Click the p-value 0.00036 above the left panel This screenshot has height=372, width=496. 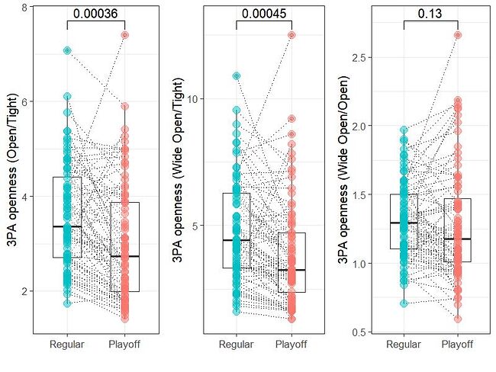[95, 14]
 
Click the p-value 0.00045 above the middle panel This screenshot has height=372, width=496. [263, 14]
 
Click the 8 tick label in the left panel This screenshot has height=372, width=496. [26, 8]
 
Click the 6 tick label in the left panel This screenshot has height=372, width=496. [26, 102]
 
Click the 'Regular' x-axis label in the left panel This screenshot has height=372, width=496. [67, 345]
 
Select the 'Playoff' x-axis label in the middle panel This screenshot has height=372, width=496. [291, 345]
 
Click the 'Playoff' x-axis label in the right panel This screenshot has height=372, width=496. [458, 345]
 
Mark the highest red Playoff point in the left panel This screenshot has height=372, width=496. [124, 34]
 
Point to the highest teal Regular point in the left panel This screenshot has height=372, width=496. [67, 50]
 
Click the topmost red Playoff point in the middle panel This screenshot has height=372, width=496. [291, 35]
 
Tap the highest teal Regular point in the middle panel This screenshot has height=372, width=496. [237, 75]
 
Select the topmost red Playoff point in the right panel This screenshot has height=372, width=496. [458, 35]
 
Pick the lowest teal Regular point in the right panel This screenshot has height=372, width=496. [404, 303]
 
